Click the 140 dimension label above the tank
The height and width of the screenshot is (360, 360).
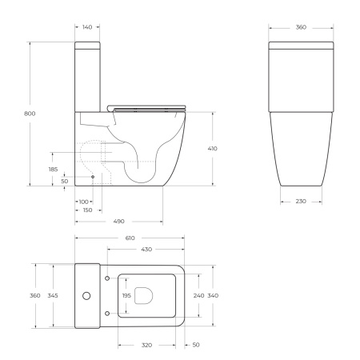(86, 27)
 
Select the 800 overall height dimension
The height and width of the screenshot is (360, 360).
(30, 114)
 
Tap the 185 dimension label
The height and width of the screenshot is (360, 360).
(53, 169)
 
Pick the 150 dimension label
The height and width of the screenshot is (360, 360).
(86, 210)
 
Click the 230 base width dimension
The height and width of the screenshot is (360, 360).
(301, 201)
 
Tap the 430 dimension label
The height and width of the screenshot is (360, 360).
(147, 250)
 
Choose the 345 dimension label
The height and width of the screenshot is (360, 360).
(53, 296)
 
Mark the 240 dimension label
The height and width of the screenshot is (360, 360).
(198, 296)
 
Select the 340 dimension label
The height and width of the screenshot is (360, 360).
(214, 296)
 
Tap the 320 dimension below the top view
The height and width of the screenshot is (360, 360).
(147, 346)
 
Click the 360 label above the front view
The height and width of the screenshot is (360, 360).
(301, 27)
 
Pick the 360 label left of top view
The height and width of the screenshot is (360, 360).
(35, 296)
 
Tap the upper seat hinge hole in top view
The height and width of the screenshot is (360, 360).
(107, 278)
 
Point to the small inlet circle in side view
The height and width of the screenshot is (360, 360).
(93, 176)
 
